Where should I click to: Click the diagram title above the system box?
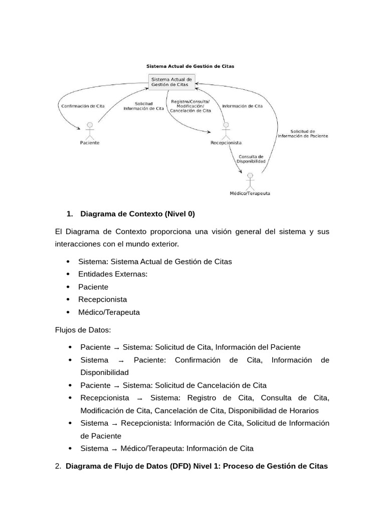(x=190, y=66)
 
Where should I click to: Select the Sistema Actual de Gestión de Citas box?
(x=172, y=82)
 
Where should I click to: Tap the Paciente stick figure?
(x=90, y=131)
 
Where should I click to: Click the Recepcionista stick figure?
(x=226, y=131)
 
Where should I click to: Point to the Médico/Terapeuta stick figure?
(x=250, y=181)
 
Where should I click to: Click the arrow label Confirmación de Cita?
(x=83, y=106)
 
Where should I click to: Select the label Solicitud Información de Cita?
(x=143, y=106)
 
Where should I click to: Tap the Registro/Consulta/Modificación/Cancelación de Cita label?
(x=190, y=106)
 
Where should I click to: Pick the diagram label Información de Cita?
(x=242, y=106)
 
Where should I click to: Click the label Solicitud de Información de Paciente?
(x=303, y=134)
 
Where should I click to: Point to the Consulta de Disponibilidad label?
(x=251, y=159)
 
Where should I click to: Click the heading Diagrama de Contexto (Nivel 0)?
(x=137, y=214)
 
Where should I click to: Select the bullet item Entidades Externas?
(x=113, y=274)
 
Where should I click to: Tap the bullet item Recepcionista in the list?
(x=102, y=299)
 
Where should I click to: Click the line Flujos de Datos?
(x=83, y=330)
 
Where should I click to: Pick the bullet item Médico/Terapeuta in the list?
(x=109, y=312)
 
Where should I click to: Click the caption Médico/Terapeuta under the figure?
(x=249, y=194)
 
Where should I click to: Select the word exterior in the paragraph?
(x=161, y=244)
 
